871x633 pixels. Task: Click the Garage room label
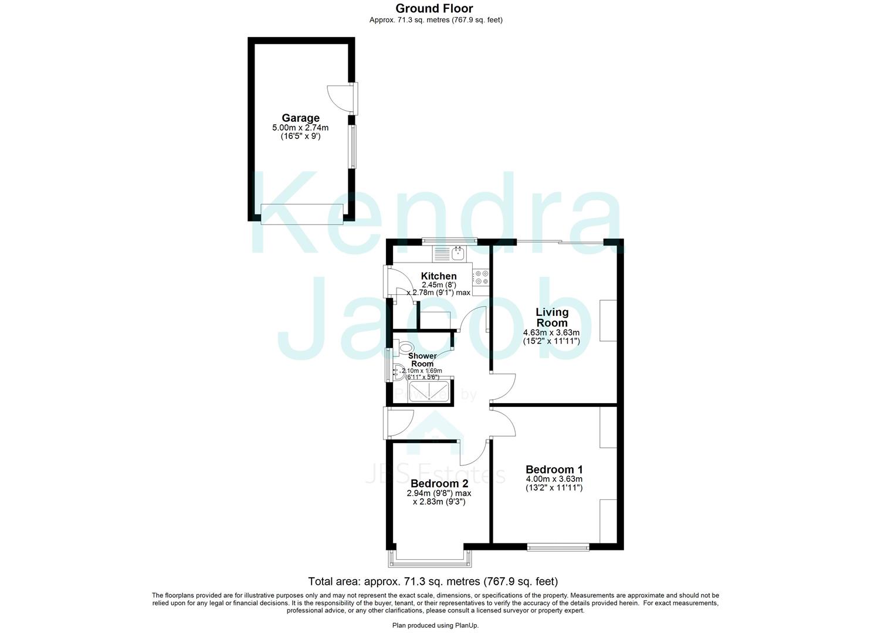[x=300, y=118]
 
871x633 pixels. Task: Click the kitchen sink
[x=457, y=254]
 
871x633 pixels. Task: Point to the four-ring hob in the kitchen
[x=482, y=278]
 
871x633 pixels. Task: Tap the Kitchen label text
[x=439, y=276]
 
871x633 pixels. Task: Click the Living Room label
[x=552, y=317]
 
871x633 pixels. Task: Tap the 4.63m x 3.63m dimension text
[x=551, y=332]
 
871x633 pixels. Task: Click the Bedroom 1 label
[x=554, y=469]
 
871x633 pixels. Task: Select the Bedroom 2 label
[x=439, y=484]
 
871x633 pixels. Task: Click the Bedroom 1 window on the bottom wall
[x=558, y=547]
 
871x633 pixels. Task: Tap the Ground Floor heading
[x=434, y=8]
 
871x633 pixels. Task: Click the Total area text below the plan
[x=433, y=581]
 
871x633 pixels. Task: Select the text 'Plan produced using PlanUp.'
[x=435, y=625]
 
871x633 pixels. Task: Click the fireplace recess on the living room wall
[x=608, y=320]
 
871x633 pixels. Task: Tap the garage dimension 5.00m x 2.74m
[x=300, y=128]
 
